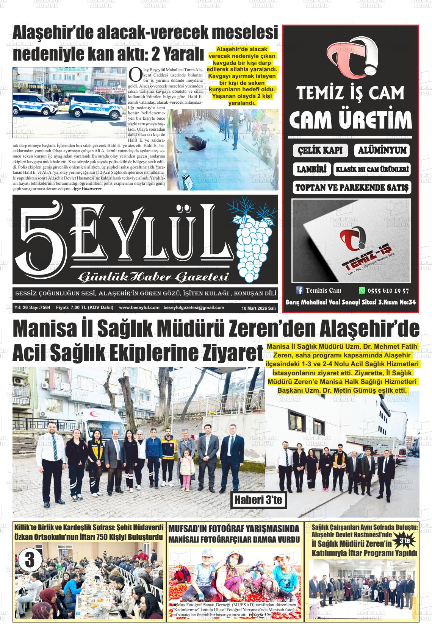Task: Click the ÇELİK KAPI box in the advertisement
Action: point(320,150)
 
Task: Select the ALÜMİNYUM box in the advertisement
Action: point(382,150)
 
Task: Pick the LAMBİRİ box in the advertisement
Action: point(311,169)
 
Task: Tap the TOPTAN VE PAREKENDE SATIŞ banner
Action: point(352,187)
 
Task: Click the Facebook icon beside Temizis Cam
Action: point(300,290)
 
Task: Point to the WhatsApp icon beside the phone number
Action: point(362,291)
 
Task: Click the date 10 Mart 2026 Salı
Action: point(258,308)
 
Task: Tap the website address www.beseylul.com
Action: point(139,307)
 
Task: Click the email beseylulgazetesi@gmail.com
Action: point(194,307)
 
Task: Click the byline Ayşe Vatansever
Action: point(88,188)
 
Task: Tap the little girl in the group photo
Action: point(186,468)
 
